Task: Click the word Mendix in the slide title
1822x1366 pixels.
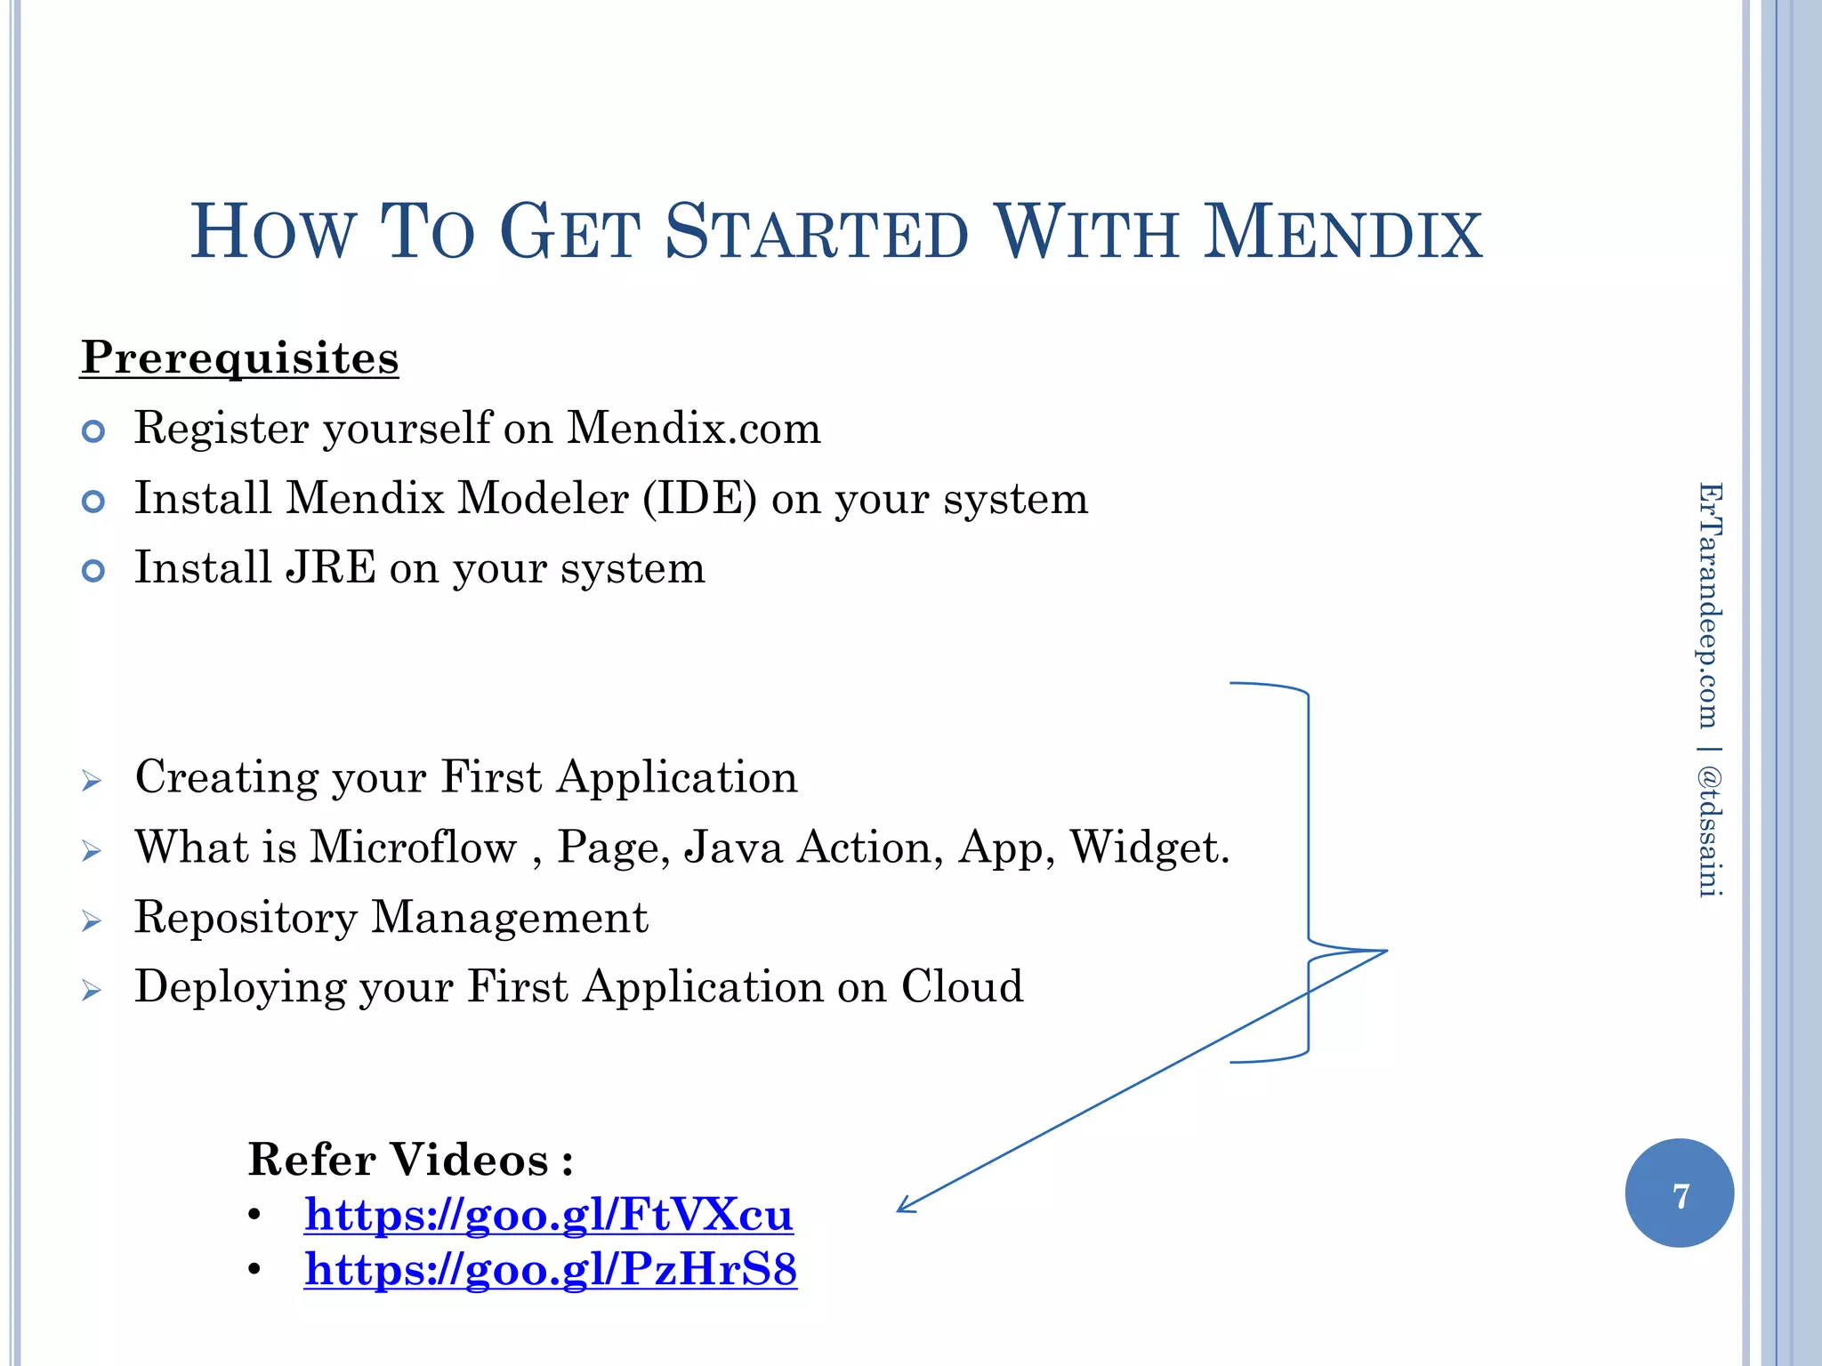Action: click(x=1342, y=233)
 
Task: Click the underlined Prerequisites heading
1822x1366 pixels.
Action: click(x=239, y=358)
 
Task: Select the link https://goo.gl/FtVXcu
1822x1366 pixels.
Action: click(x=548, y=1215)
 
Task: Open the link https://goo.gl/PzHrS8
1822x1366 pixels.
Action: click(x=550, y=1269)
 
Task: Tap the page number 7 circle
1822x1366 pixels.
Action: click(x=1679, y=1193)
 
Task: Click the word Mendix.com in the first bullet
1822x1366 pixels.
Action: click(x=694, y=429)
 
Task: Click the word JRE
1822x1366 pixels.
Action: click(x=330, y=568)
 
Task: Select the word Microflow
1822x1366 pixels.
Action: click(x=413, y=848)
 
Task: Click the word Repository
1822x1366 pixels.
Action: click(x=245, y=919)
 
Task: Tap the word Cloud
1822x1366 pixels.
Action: click(x=962, y=987)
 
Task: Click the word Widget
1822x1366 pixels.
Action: click(x=1149, y=848)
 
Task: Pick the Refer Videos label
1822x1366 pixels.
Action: click(x=410, y=1160)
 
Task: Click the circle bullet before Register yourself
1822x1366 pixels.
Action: click(x=93, y=432)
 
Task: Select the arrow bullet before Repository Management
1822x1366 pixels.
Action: click(x=91, y=920)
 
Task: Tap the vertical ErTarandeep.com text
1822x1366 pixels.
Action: click(x=1709, y=605)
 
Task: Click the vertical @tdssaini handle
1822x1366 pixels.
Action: click(x=1709, y=832)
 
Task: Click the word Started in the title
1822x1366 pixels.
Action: click(x=816, y=233)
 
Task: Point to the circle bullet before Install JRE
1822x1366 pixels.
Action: click(x=93, y=571)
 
